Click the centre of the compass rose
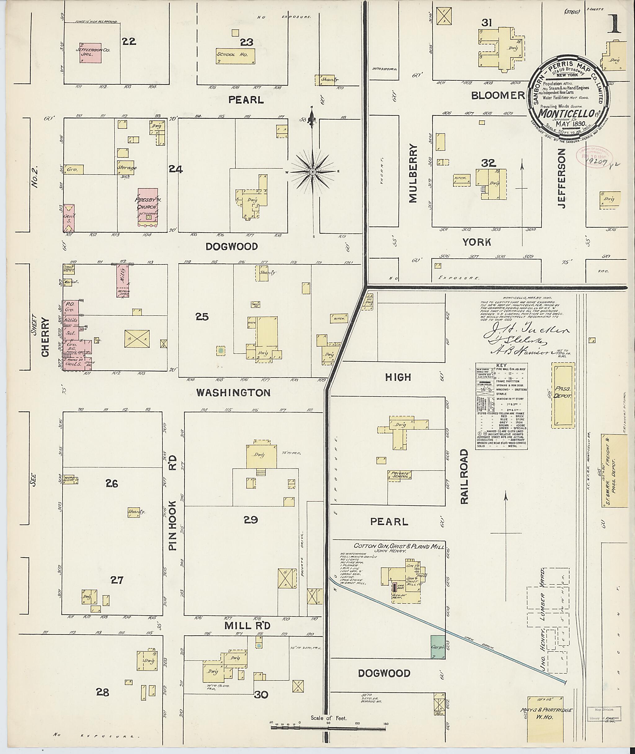(313, 172)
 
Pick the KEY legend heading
(501, 365)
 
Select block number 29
(251, 519)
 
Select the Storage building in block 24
(126, 168)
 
